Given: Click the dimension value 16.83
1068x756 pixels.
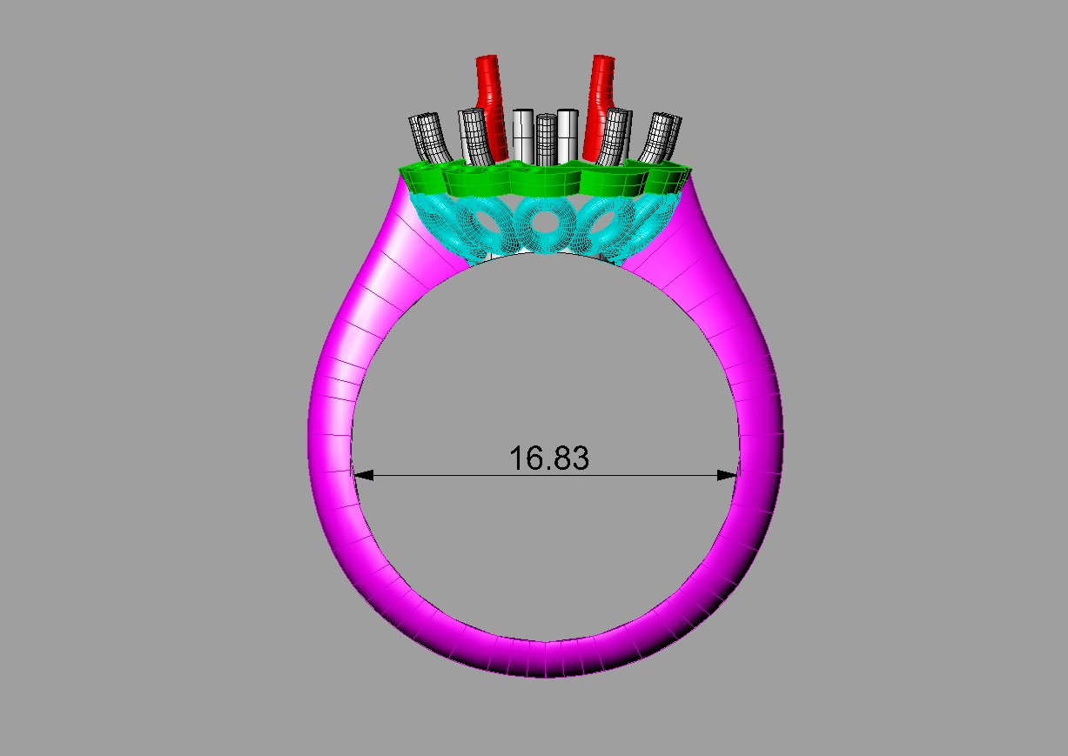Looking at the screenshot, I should coord(548,458).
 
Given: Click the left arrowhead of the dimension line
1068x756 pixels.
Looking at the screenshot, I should coord(364,475).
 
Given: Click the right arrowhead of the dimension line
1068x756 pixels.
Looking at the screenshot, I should coord(726,475).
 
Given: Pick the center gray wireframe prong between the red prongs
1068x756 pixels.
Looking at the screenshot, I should coord(546,139).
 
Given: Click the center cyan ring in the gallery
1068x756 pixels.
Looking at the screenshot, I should coord(545,224).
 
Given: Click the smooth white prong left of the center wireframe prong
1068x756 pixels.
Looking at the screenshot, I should coord(523,135).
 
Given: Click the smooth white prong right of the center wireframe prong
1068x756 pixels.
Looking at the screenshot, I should coord(568,135).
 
